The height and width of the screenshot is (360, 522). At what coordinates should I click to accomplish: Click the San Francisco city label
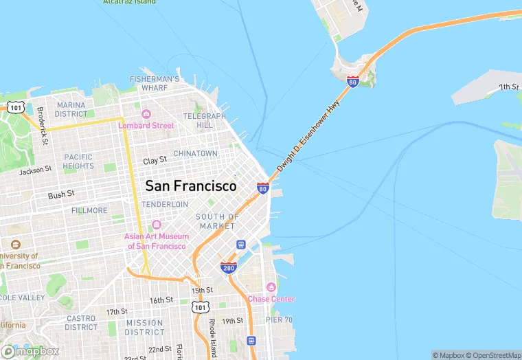click(x=190, y=186)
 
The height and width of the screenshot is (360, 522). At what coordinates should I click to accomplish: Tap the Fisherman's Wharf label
click(x=155, y=83)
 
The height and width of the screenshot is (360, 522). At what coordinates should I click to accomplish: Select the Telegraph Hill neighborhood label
click(x=205, y=121)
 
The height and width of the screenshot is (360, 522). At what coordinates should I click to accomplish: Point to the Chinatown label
click(x=195, y=153)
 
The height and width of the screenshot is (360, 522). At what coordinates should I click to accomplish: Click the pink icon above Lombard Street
click(x=146, y=114)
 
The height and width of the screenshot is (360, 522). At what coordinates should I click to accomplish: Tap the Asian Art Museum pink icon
click(x=156, y=225)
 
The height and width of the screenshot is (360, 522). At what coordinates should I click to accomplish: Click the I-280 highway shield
click(x=229, y=267)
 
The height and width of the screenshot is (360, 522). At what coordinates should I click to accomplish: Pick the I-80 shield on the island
click(x=352, y=82)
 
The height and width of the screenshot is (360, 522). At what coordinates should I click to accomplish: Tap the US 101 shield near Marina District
click(x=15, y=107)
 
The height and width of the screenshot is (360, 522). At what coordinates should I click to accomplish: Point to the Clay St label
click(x=155, y=160)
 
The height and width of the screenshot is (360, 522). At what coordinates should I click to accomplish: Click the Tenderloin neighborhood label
click(x=165, y=204)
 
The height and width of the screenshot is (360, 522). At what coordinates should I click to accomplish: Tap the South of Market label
click(x=217, y=221)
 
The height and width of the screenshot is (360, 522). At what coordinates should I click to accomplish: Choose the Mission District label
click(x=144, y=327)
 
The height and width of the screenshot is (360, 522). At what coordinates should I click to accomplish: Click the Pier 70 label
click(x=280, y=319)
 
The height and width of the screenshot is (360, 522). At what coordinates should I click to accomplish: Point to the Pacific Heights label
click(x=78, y=161)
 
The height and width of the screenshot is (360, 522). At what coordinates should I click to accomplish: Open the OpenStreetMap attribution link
click(x=492, y=355)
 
